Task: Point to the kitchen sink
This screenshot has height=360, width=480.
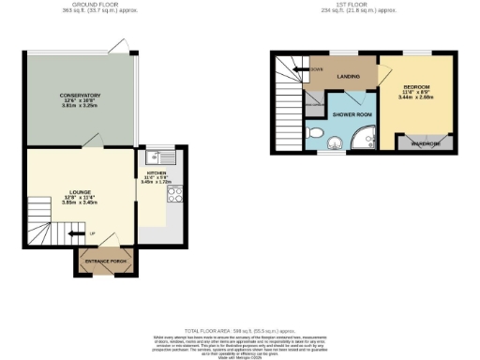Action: (154, 157)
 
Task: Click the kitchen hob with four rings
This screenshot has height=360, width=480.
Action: (172, 195)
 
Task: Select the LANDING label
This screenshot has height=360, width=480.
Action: (350, 77)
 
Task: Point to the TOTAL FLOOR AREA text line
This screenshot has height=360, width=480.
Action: (239, 331)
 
